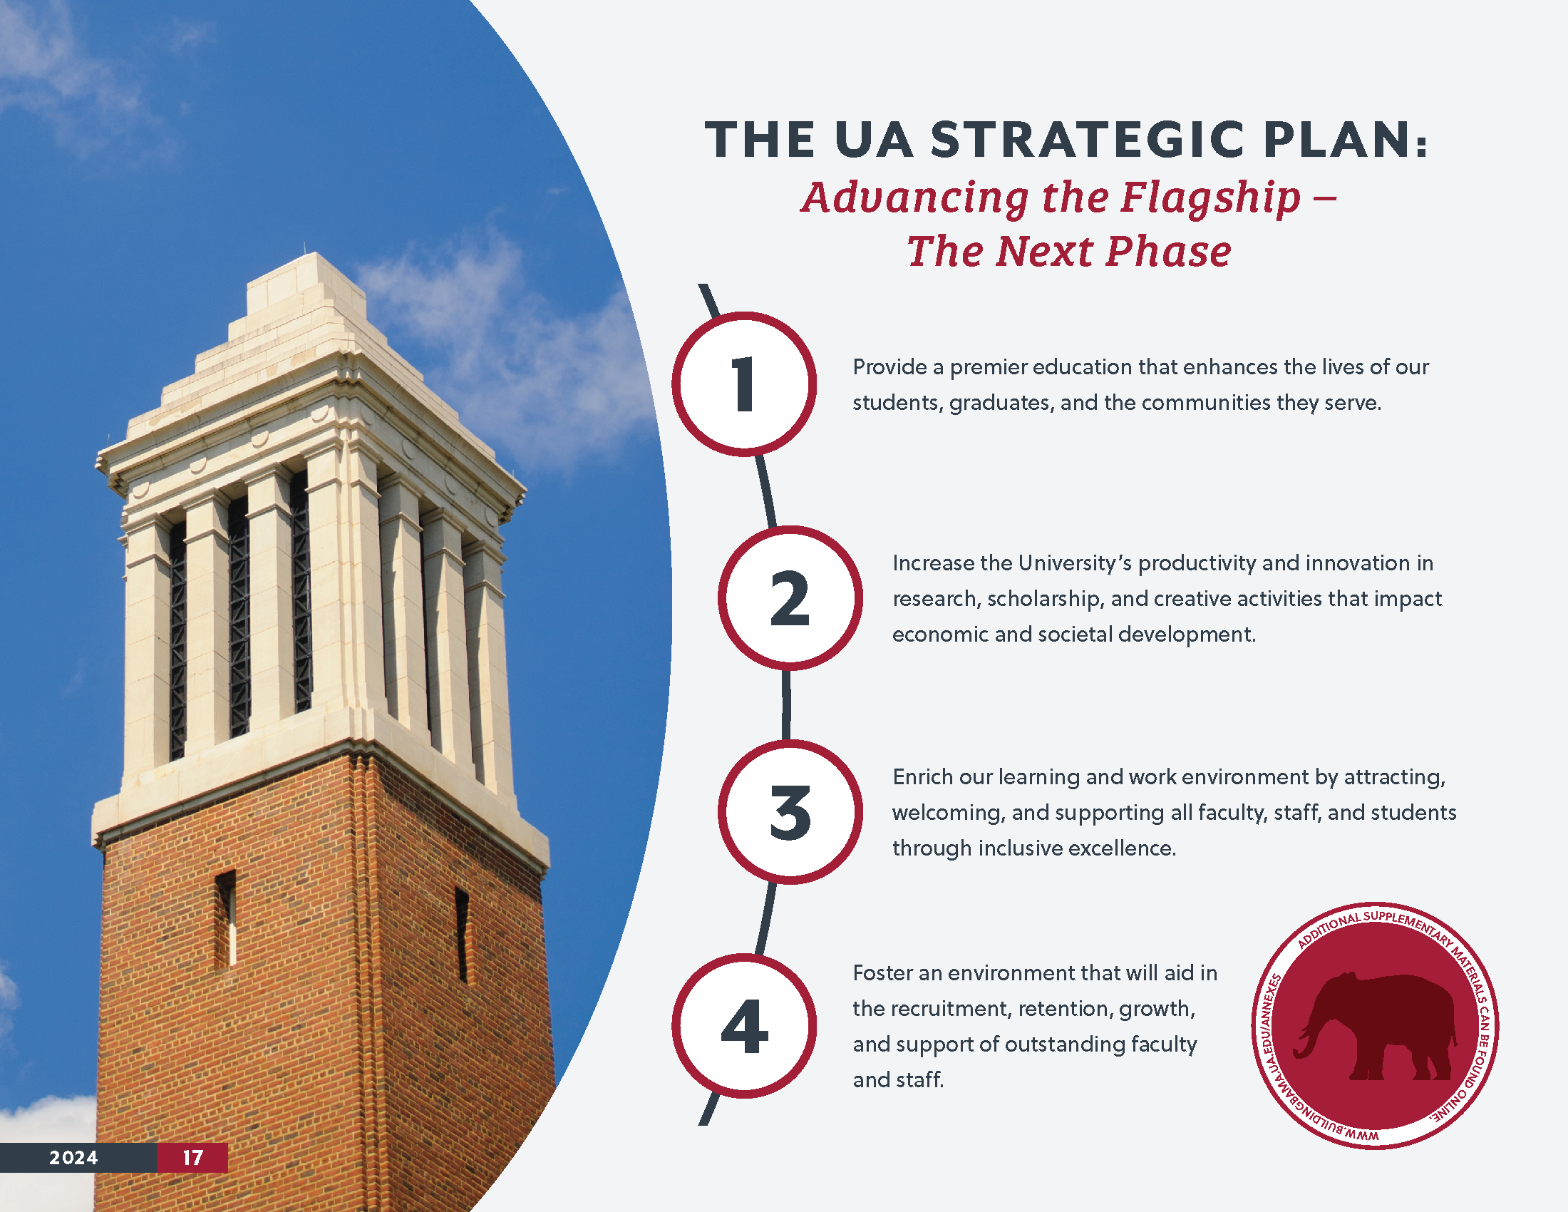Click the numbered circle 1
[744, 384]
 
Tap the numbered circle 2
[790, 597]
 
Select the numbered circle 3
[790, 811]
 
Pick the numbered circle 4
[744, 1025]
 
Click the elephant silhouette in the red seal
[1375, 1026]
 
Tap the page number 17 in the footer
[192, 1157]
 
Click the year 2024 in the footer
[73, 1157]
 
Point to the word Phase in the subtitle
[1168, 251]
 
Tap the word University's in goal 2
[1074, 564]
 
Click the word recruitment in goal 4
[953, 1009]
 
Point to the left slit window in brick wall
[225, 920]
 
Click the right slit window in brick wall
[463, 935]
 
